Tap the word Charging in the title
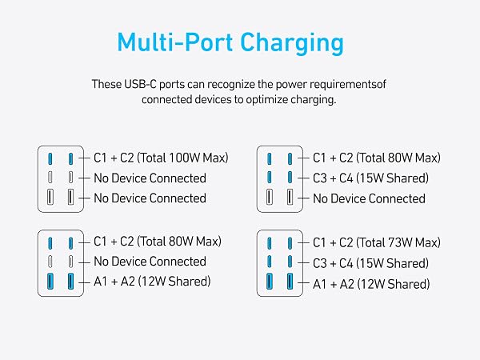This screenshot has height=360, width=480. pyautogui.click(x=292, y=43)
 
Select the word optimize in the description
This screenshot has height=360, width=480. pyautogui.click(x=267, y=100)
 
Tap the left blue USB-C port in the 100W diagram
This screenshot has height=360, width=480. pyautogui.click(x=50, y=159)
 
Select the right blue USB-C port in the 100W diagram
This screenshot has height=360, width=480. pyautogui.click(x=70, y=159)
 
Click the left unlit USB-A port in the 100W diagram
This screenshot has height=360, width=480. pyautogui.click(x=50, y=197)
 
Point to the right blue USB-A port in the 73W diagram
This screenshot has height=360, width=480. pyautogui.click(x=290, y=282)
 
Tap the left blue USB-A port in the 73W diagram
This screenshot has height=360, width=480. pyautogui.click(x=269, y=282)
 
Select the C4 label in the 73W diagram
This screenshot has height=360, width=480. pyautogui.click(x=346, y=263)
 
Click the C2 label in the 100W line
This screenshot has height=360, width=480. pyautogui.click(x=127, y=158)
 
